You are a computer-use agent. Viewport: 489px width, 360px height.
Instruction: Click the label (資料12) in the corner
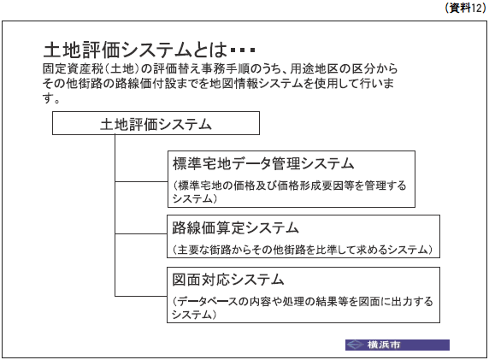click(x=465, y=8)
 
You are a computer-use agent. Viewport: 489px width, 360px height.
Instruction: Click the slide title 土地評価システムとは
click(x=135, y=50)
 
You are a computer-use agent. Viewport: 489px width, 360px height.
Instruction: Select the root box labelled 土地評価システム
click(x=156, y=123)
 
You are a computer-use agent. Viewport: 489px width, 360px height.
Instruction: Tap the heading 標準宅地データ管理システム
click(x=263, y=163)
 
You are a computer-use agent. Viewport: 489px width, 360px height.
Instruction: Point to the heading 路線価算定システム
click(x=235, y=227)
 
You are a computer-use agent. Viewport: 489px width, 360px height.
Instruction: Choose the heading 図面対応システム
click(x=228, y=280)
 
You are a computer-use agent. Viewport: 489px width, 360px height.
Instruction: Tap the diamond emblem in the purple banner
click(x=356, y=345)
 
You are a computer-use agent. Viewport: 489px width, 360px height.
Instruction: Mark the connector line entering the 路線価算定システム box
click(x=141, y=233)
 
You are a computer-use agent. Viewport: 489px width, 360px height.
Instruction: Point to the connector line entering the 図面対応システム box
click(x=141, y=296)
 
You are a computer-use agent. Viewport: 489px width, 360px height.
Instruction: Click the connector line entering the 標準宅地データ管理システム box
click(x=142, y=181)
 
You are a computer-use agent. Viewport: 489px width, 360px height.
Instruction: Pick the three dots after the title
click(x=243, y=50)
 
